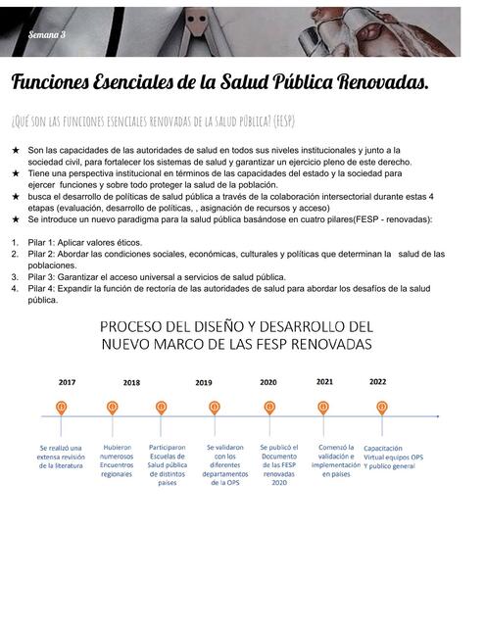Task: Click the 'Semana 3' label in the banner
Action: (x=47, y=33)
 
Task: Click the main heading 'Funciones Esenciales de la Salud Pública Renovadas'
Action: (x=219, y=82)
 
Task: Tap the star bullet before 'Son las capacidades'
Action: (x=16, y=150)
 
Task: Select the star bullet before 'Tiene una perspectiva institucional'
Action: (x=16, y=173)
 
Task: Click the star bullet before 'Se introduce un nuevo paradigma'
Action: (x=16, y=220)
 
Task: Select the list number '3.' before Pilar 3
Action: (x=16, y=277)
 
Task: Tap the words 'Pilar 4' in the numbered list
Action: (x=43, y=289)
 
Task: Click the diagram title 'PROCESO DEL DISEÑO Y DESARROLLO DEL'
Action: (x=236, y=326)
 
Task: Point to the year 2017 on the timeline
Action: (x=67, y=382)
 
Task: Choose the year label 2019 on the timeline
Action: (x=204, y=383)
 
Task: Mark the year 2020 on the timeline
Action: (x=268, y=382)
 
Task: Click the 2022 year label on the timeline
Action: (x=378, y=382)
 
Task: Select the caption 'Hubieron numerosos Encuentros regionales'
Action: (x=117, y=460)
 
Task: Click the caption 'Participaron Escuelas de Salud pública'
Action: (x=168, y=464)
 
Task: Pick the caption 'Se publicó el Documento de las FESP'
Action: (x=279, y=464)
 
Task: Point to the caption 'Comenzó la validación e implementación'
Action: (x=335, y=460)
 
